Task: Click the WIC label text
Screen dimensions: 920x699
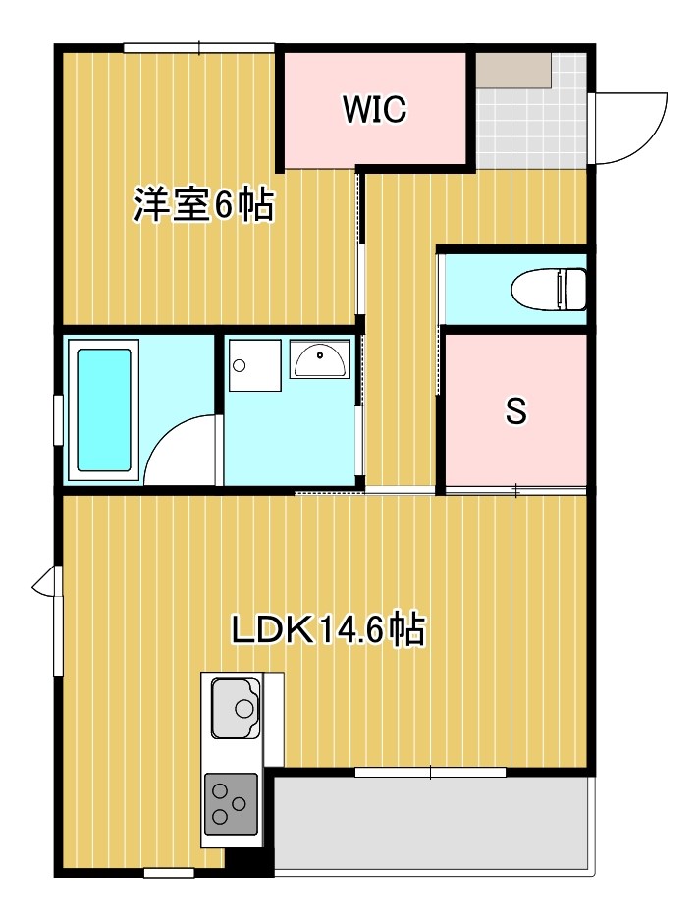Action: pyautogui.click(x=374, y=110)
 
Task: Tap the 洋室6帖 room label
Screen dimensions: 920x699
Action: pyautogui.click(x=203, y=206)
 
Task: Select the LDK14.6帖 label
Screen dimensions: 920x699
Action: pyautogui.click(x=328, y=629)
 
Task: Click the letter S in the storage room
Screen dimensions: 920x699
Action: pyautogui.click(x=515, y=412)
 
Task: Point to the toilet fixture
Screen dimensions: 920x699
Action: pyautogui.click(x=550, y=289)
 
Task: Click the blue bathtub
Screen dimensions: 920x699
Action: pyautogui.click(x=104, y=410)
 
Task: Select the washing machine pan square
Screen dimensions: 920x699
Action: pyautogui.click(x=253, y=366)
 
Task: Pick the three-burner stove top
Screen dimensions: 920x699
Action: pyautogui.click(x=231, y=803)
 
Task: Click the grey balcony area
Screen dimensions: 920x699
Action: pyautogui.click(x=432, y=825)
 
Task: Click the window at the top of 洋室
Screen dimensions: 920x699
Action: pyautogui.click(x=198, y=47)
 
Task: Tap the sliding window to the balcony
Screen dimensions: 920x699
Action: pyautogui.click(x=430, y=773)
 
